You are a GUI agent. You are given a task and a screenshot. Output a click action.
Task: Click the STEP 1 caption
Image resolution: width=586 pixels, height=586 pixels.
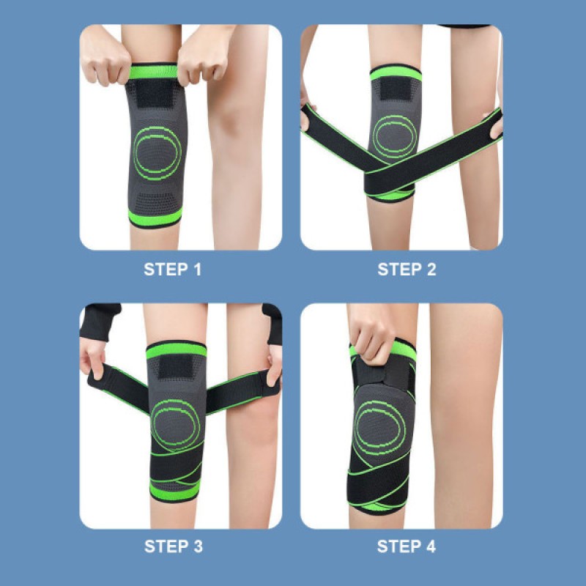coord(173,270)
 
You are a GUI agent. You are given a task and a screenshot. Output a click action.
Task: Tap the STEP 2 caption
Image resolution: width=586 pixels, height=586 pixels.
coord(407,270)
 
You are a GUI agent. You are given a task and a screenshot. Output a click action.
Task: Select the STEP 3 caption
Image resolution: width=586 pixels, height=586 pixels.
coord(174,546)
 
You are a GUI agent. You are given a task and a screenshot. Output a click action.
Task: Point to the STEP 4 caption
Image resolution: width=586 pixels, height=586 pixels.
coord(407,546)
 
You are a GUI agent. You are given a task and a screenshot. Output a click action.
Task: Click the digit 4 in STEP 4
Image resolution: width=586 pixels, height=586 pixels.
coord(431,546)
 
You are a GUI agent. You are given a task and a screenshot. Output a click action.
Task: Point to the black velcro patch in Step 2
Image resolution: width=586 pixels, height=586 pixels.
coord(396,89)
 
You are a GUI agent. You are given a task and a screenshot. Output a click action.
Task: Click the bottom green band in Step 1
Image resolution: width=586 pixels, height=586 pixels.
coord(155,217)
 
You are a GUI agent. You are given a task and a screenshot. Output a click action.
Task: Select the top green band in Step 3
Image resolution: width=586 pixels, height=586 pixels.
coord(176,351)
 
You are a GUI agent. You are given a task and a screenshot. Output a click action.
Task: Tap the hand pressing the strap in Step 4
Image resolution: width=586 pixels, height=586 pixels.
coord(372,341)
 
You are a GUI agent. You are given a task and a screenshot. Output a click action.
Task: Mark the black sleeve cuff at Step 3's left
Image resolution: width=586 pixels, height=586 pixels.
coord(99,322)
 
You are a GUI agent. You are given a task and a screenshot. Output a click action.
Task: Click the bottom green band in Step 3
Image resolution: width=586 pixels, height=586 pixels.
coord(174,490)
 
